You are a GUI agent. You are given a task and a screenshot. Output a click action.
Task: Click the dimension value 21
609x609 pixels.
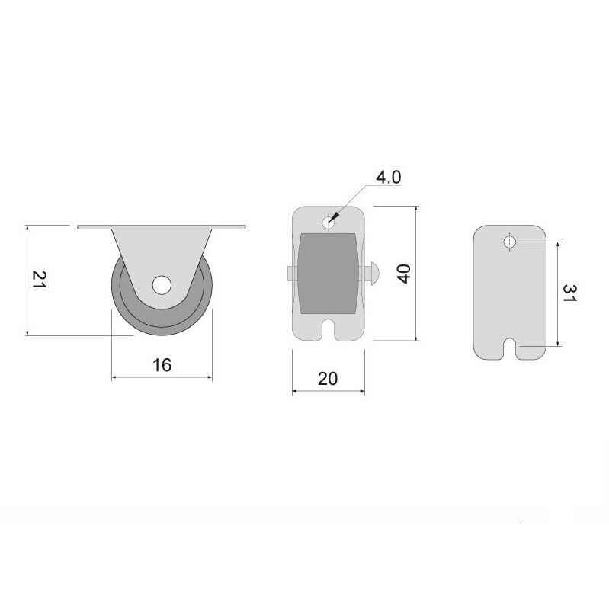39,279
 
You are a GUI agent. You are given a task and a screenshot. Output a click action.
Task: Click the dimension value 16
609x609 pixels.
162,365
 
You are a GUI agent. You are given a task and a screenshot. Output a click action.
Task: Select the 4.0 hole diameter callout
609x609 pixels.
389,177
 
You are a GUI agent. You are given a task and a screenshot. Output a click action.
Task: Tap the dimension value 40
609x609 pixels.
404,274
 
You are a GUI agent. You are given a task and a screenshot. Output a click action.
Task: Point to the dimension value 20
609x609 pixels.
328,379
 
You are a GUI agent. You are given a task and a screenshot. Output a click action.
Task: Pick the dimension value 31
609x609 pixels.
569,293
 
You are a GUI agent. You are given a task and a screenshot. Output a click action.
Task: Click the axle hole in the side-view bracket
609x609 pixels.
162,285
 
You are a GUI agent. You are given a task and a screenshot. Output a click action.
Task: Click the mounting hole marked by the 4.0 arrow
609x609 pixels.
329,223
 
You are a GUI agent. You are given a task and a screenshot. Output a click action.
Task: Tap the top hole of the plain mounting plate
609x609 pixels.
510,242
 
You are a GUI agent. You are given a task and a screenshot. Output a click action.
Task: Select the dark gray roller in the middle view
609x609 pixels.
328,273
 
